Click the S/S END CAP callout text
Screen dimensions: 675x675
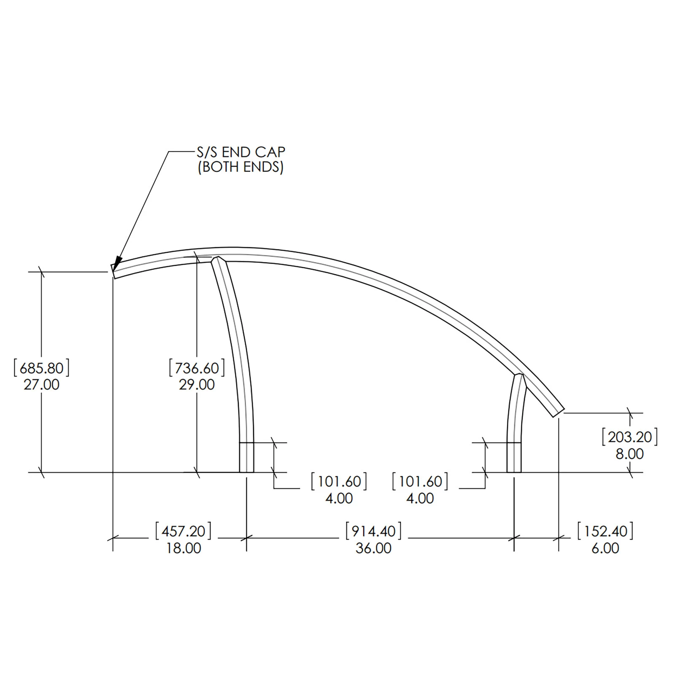241,152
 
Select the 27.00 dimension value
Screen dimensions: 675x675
41,385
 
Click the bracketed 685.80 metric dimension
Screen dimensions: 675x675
41,368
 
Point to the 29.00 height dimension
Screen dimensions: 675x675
197,385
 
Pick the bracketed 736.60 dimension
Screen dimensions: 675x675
197,368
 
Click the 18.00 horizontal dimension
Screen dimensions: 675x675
184,548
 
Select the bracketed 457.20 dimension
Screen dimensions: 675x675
184,531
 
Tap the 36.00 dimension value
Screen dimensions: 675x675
373,548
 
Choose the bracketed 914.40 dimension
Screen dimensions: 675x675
373,531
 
